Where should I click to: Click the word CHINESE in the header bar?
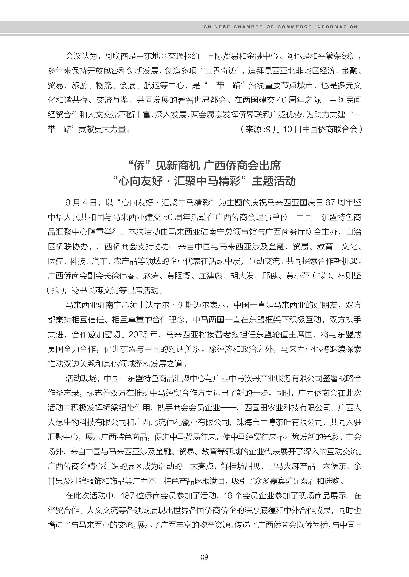(217, 27)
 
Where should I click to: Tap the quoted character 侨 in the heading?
(139, 166)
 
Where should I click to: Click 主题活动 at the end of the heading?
(274, 181)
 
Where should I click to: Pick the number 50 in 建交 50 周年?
(168, 217)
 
